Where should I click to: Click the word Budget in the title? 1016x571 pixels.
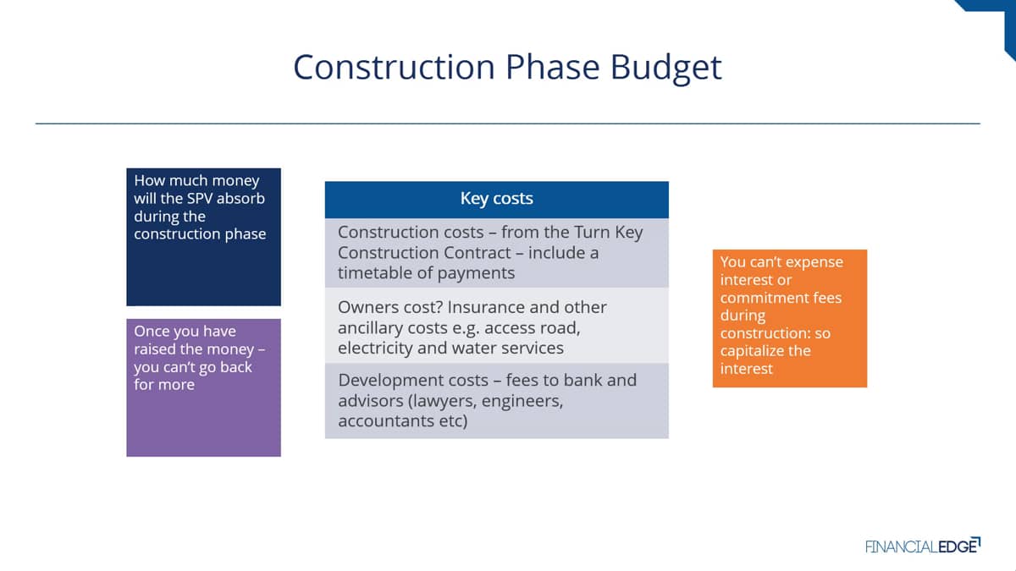click(x=665, y=69)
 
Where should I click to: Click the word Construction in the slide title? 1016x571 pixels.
click(x=394, y=67)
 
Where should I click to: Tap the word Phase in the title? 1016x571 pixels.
click(x=552, y=67)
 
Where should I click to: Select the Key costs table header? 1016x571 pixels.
click(x=497, y=200)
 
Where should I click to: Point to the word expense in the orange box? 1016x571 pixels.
click(x=814, y=263)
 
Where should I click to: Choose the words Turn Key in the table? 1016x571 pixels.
click(x=608, y=233)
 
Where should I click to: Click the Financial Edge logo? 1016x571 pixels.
click(x=923, y=546)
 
